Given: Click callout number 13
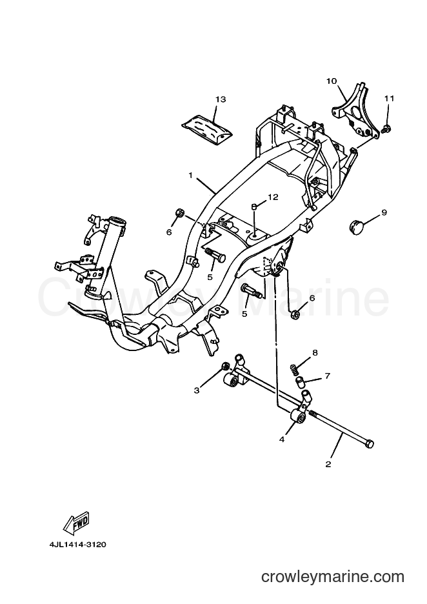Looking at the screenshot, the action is (220, 99).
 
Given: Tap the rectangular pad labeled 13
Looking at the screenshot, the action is (208, 128).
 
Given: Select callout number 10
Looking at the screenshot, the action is (332, 81).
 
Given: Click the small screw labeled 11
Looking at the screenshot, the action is (386, 128).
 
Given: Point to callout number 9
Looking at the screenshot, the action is (384, 212).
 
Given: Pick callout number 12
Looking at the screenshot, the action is (273, 197).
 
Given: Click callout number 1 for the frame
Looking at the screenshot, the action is (190, 176).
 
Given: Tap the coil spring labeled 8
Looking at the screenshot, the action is (294, 370).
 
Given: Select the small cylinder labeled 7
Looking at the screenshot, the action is (300, 383).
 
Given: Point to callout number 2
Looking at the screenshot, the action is (328, 464).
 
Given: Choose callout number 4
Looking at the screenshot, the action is (282, 439).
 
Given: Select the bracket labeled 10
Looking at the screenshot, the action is (355, 112).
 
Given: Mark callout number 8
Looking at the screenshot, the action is (315, 352).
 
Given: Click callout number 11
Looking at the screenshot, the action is (390, 99).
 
